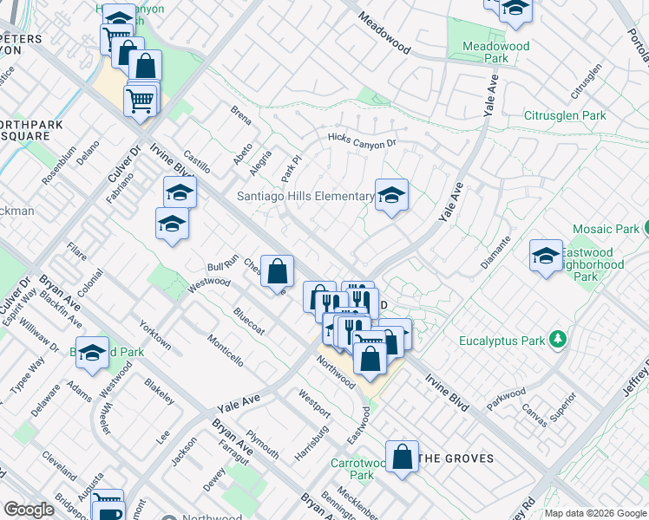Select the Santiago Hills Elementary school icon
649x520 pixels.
click(391, 198)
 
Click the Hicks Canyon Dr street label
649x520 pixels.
click(361, 140)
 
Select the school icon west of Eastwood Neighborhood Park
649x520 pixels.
click(546, 256)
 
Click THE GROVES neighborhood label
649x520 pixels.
click(456, 458)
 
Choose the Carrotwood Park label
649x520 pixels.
click(356, 469)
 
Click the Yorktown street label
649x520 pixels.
click(155, 335)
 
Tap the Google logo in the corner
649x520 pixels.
click(29, 510)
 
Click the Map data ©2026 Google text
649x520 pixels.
click(595, 513)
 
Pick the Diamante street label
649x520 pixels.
click(501, 250)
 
